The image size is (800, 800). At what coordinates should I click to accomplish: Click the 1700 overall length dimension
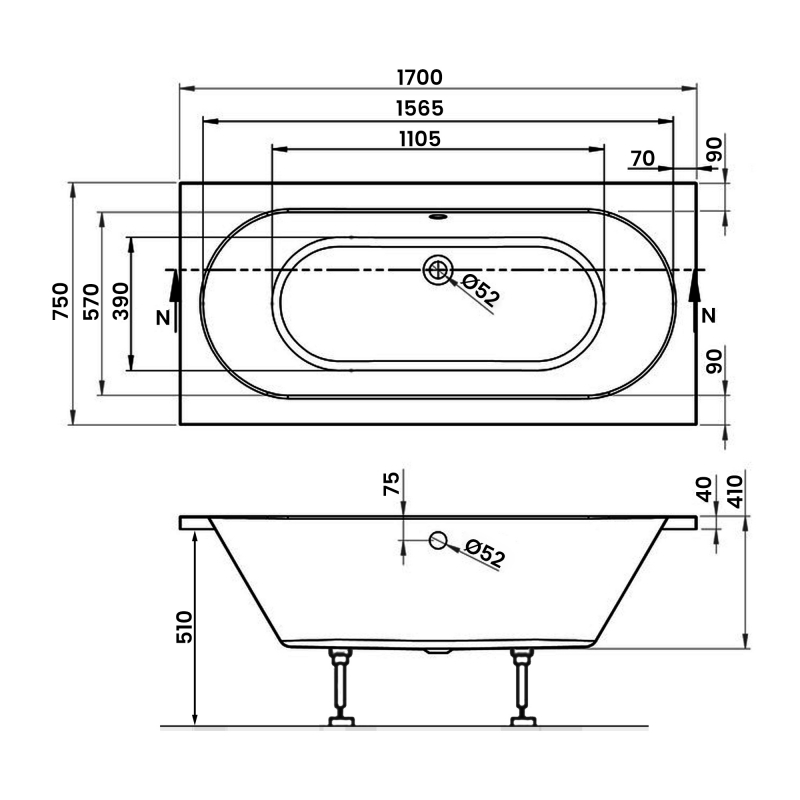coord(419,78)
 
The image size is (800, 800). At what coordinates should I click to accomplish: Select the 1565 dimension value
coord(420,108)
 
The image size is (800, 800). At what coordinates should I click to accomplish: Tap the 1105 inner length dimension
coord(420,139)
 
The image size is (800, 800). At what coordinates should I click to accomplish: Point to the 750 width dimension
coord(60,301)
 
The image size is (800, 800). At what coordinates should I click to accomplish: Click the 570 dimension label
coord(91,302)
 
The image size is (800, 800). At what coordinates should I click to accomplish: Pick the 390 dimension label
coord(120,302)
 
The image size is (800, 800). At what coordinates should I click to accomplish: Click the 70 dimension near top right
coord(642,159)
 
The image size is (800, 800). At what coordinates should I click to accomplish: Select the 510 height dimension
coord(184,627)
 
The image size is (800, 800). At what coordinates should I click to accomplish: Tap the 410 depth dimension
coord(735,491)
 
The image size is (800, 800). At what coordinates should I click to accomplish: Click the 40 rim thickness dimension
coord(704,489)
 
